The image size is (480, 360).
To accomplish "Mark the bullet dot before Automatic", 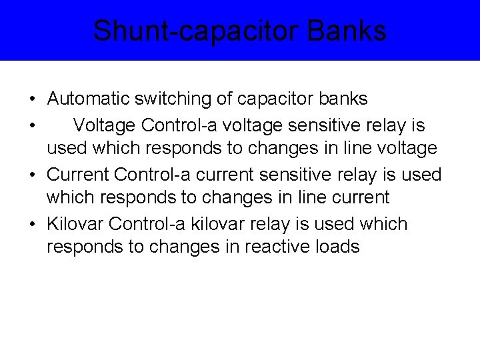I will click(32, 100).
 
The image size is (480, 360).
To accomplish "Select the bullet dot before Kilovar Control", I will click(32, 225).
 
